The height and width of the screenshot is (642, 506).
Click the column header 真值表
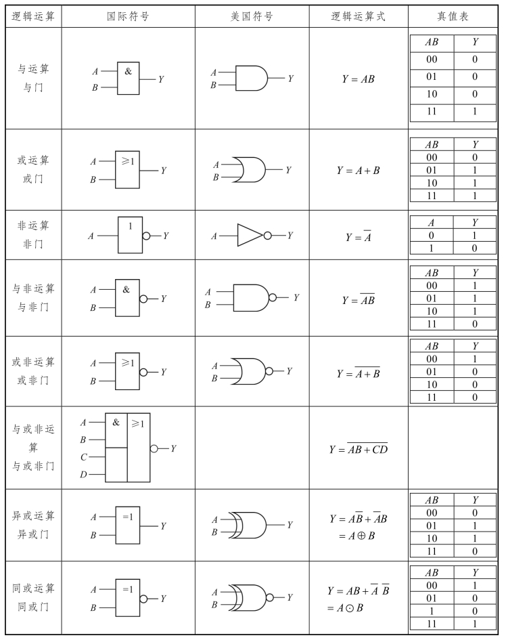click(x=453, y=16)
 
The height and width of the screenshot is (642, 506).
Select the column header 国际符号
click(x=129, y=16)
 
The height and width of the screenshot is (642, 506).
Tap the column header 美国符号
click(x=252, y=16)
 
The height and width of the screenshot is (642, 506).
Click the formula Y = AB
click(x=358, y=79)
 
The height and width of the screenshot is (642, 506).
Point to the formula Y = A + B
click(x=358, y=171)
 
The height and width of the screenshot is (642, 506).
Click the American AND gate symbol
click(x=251, y=79)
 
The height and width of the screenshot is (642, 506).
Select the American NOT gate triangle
click(x=250, y=235)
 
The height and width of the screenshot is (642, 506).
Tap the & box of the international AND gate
click(x=129, y=79)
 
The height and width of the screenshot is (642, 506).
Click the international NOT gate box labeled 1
click(x=130, y=234)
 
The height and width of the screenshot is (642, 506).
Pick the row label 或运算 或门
click(x=33, y=170)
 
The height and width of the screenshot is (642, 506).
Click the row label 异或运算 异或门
click(x=33, y=525)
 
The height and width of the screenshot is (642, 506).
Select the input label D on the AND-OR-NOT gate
click(x=83, y=475)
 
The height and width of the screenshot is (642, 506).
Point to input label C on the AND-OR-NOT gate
click(x=83, y=457)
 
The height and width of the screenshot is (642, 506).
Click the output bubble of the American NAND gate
click(x=273, y=297)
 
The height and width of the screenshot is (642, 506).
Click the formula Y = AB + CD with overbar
click(x=358, y=448)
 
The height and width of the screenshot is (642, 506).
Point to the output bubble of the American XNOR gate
click(x=270, y=598)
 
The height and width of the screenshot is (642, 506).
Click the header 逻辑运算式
click(x=358, y=16)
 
